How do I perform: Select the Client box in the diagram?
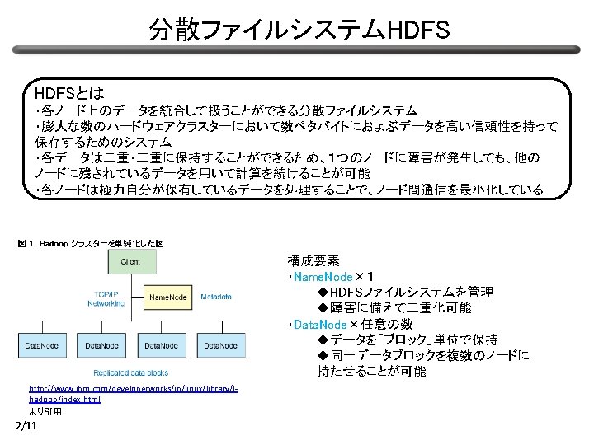click(130, 262)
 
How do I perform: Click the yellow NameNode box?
click(167, 297)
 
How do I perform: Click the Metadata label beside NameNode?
click(215, 297)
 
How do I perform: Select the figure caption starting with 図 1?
click(91, 243)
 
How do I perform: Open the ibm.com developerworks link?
click(132, 391)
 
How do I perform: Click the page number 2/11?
click(26, 425)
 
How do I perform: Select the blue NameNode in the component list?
click(323, 276)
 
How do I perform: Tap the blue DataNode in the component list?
click(321, 324)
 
